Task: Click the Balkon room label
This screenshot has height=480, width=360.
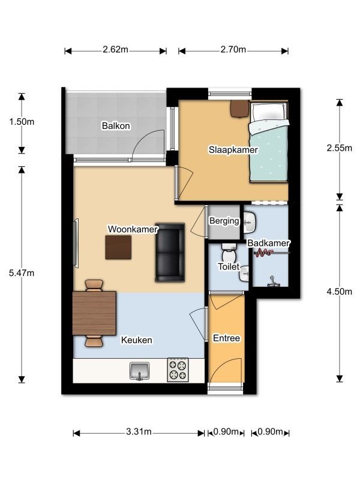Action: pyautogui.click(x=116, y=126)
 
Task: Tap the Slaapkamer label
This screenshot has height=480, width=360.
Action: pyautogui.click(x=233, y=150)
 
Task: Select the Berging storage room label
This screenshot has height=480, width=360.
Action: pyautogui.click(x=224, y=221)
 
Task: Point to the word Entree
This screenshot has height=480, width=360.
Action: pyautogui.click(x=226, y=338)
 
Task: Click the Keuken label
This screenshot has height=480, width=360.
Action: pyautogui.click(x=137, y=340)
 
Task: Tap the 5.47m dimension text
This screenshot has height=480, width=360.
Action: pyautogui.click(x=22, y=273)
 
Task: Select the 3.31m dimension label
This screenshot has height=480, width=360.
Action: pyautogui.click(x=139, y=431)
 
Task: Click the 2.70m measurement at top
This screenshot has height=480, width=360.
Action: pyautogui.click(x=233, y=49)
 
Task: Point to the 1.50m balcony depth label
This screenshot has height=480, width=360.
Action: pyautogui.click(x=22, y=122)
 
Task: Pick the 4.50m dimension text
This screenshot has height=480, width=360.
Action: pyautogui.click(x=339, y=292)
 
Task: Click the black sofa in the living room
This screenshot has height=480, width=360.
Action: pyautogui.click(x=170, y=252)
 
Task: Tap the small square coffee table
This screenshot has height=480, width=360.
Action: pyautogui.click(x=118, y=247)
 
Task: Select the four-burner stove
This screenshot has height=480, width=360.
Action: pyautogui.click(x=178, y=370)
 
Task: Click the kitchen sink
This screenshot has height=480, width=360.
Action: pyautogui.click(x=140, y=371)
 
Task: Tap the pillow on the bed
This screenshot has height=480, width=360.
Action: pyautogui.click(x=268, y=112)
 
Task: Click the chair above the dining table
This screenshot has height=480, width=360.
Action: pyautogui.click(x=94, y=286)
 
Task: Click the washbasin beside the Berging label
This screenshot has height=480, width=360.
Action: pyautogui.click(x=250, y=222)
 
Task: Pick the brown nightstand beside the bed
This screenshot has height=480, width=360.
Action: pyautogui.click(x=239, y=109)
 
